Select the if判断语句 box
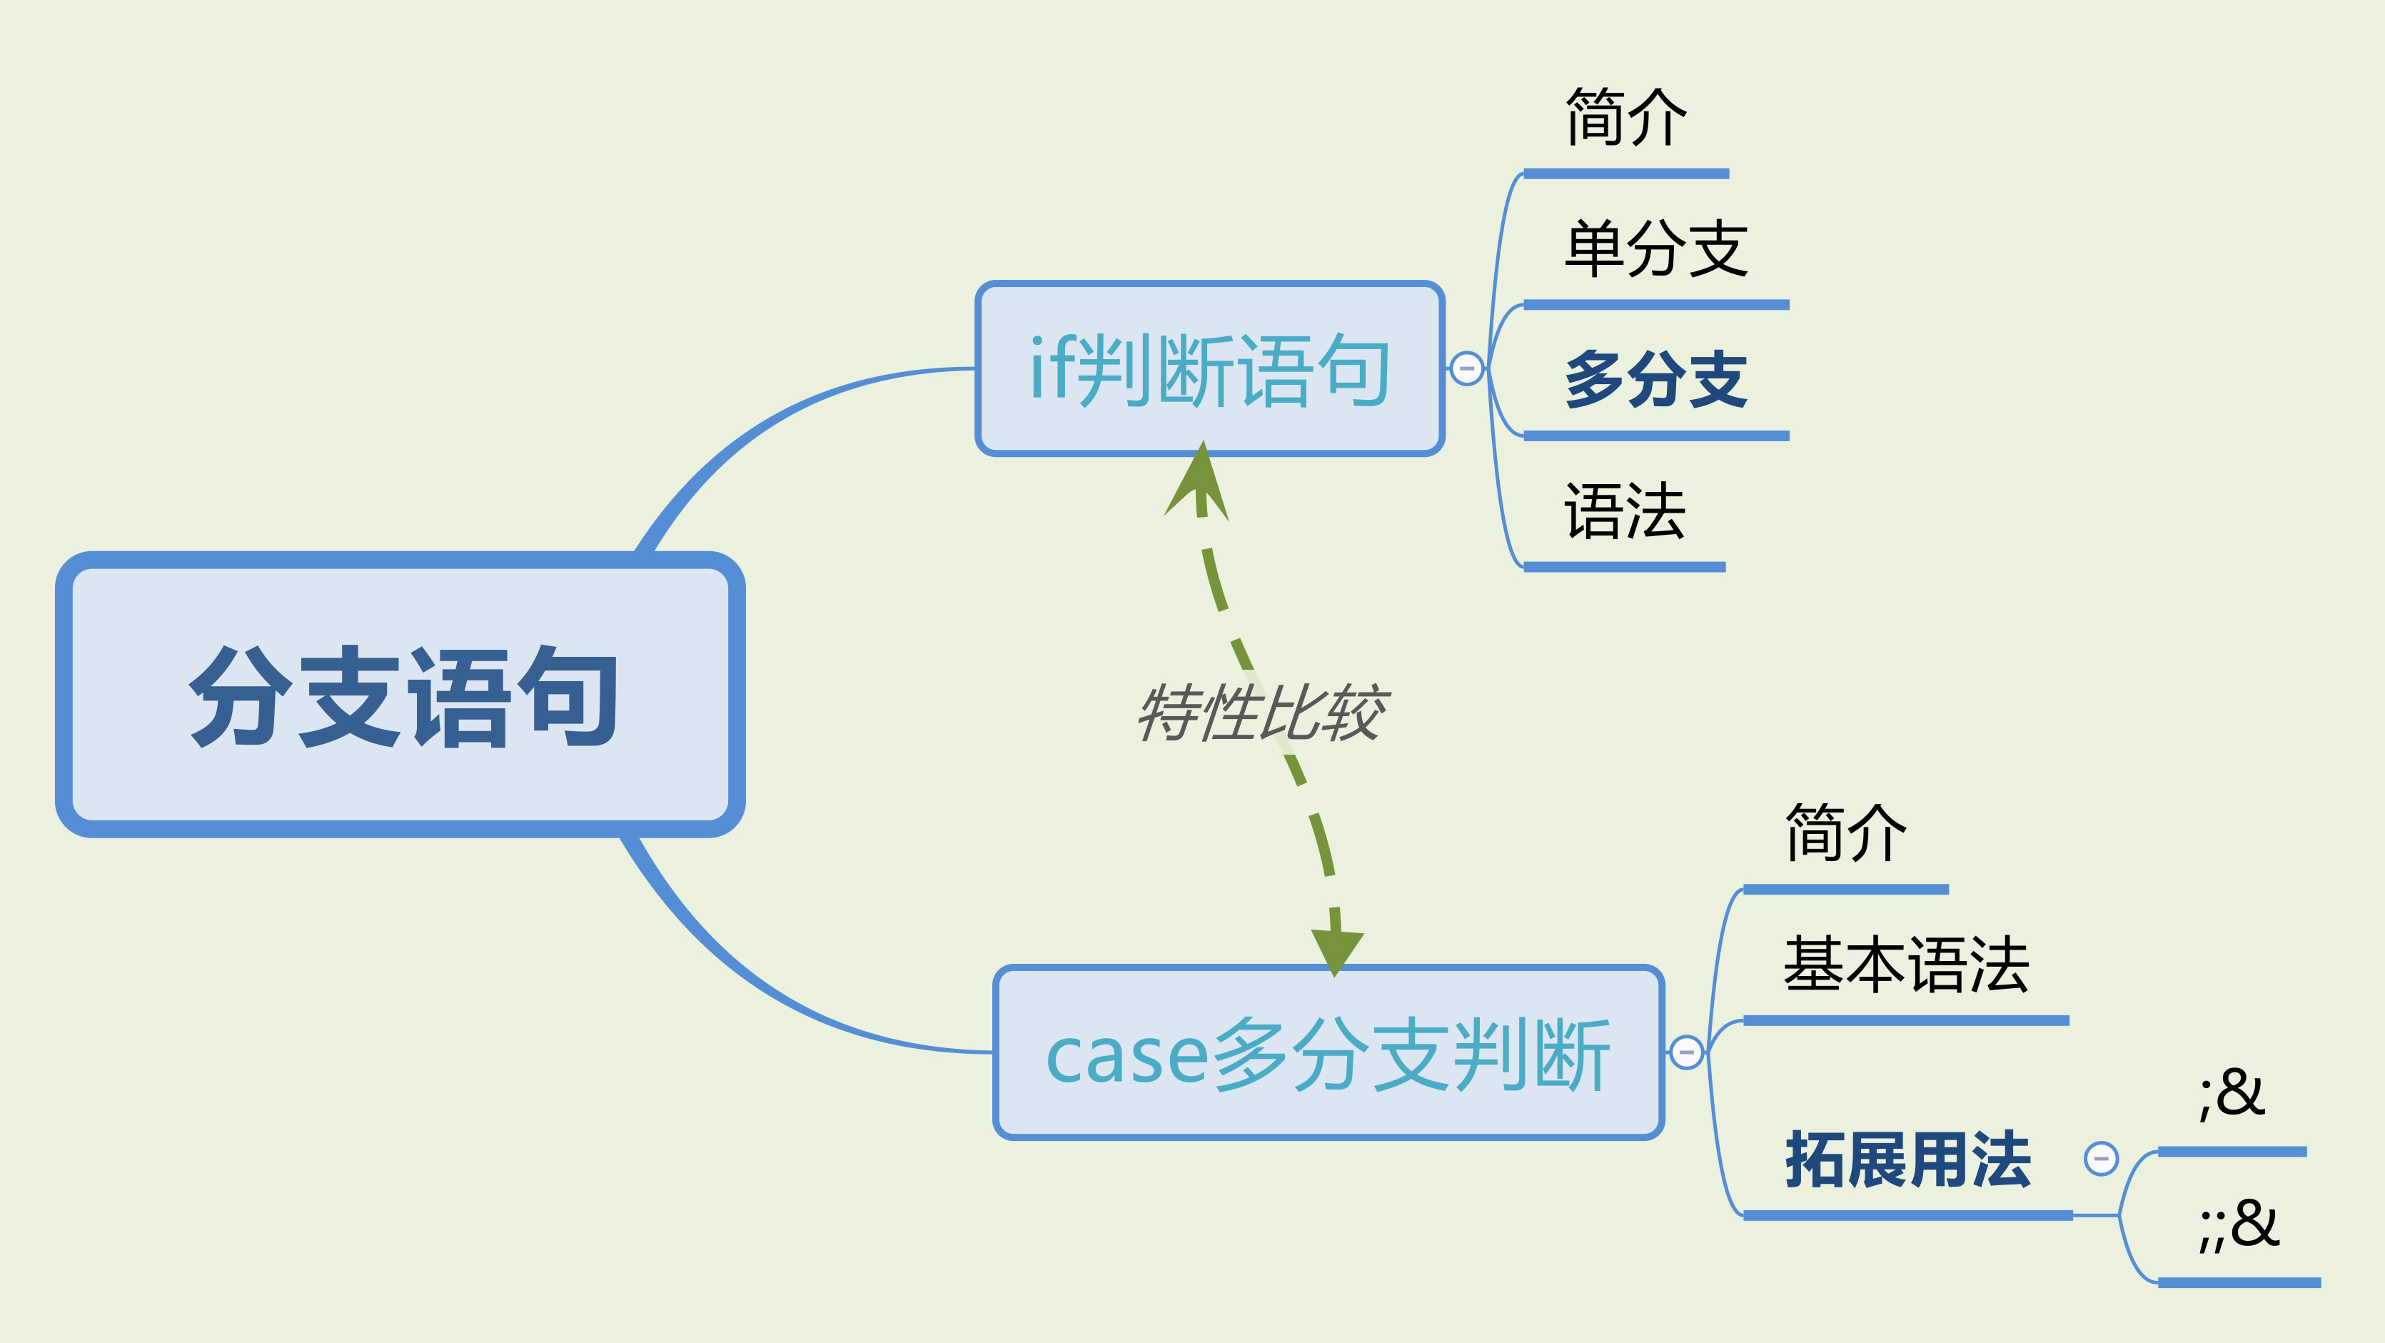(x=1209, y=368)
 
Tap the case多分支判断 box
(x=1328, y=1053)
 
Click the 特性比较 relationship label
(x=1261, y=713)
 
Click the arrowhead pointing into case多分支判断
(x=1335, y=950)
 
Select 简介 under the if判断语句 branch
(x=1625, y=118)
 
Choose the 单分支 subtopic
(x=1655, y=248)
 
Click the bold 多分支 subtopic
(x=1655, y=380)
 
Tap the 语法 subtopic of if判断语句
(x=1624, y=511)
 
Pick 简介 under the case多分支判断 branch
(x=1845, y=834)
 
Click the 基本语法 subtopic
(x=1905, y=965)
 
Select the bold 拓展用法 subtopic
(x=1907, y=1160)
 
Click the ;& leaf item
(x=2232, y=1095)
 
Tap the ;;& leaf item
(x=2239, y=1225)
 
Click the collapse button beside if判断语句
(x=1466, y=368)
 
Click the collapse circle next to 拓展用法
(x=2101, y=1159)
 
